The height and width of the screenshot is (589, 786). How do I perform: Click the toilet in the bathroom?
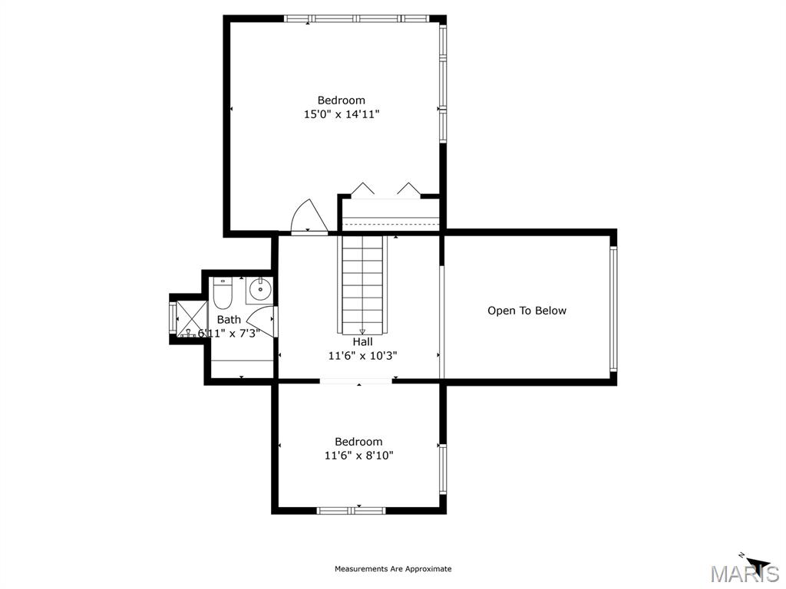223,293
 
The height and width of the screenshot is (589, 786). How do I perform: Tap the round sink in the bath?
260,290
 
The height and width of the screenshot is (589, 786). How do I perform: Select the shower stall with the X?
191,318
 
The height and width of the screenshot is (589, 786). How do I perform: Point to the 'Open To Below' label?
527,311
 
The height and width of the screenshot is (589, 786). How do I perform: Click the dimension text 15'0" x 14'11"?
342,114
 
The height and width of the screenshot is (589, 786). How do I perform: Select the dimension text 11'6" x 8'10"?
358,456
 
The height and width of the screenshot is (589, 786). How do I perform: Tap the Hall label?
362,342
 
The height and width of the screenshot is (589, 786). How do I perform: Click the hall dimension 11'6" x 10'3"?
362,356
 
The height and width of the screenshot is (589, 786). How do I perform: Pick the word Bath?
229,320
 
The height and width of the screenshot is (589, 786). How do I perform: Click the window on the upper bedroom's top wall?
357,18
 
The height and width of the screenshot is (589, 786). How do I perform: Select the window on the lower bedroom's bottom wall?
352,509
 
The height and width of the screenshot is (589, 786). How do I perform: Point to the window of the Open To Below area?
613,309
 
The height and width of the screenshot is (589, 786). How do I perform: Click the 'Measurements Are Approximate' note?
393,569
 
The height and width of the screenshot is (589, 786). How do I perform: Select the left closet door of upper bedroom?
362,189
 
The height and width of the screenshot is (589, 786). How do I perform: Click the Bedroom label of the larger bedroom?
342,100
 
